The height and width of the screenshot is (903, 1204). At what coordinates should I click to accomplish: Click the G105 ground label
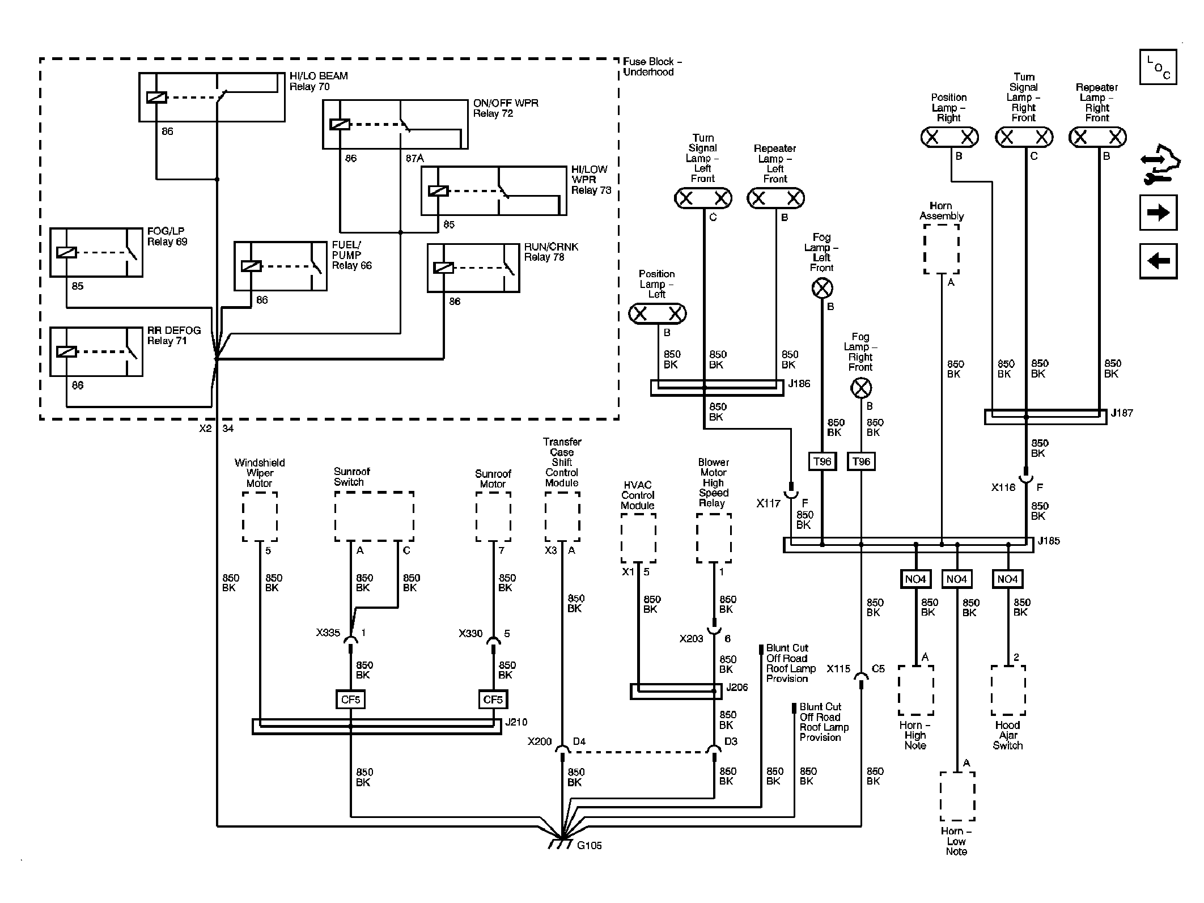coord(589,846)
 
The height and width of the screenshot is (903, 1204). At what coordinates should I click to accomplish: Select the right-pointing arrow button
coord(1158,213)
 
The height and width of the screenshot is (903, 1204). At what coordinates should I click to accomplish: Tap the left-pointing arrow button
coord(1158,261)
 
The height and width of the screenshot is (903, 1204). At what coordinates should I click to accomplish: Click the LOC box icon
coord(1158,67)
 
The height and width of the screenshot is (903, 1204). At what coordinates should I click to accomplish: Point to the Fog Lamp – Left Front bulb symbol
coord(822,289)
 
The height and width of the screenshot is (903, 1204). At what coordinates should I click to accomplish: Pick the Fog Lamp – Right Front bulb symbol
coord(861,388)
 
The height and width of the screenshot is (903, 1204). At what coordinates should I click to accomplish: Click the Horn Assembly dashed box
coord(942,249)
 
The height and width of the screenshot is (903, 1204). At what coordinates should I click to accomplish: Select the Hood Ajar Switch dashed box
coord(1008,690)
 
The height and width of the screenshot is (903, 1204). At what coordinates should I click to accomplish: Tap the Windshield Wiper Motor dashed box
coord(260,516)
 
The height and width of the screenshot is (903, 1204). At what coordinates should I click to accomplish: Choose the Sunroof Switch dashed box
coord(374,516)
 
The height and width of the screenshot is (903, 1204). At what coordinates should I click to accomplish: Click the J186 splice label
coord(799,384)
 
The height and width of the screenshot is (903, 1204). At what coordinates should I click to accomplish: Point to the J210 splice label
coord(516,722)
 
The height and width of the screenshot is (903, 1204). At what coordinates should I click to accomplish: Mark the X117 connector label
coord(768,503)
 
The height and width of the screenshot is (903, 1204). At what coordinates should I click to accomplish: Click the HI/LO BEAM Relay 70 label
coord(319,81)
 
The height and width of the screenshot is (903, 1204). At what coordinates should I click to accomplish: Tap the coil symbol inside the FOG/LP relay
coord(67,253)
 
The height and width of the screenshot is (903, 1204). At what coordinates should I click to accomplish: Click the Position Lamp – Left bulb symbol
coord(658,313)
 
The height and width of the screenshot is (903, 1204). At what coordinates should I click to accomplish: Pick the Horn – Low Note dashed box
coord(957,796)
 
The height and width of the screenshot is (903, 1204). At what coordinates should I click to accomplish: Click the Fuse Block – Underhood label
coord(652,67)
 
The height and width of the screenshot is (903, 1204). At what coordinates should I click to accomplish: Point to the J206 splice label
coord(737,688)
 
